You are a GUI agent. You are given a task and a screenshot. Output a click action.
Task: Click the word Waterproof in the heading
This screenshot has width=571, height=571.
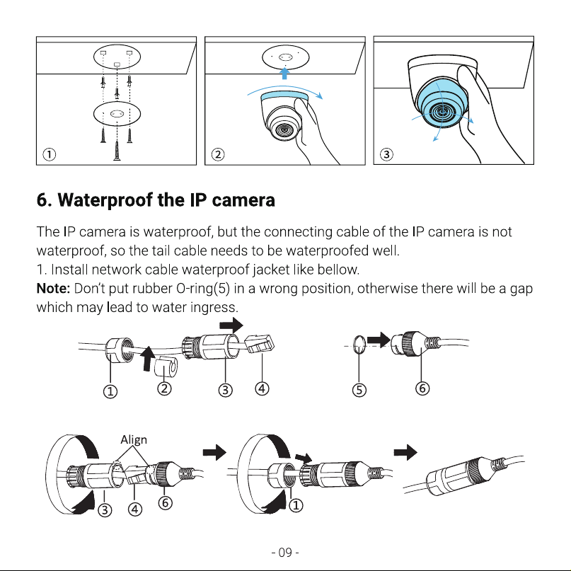(x=105, y=200)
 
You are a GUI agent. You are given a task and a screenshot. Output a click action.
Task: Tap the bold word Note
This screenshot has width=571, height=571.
(x=53, y=289)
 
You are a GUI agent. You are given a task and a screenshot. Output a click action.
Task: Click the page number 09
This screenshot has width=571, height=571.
(x=285, y=553)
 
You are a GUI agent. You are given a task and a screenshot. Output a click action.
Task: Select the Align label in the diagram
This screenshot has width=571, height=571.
(x=134, y=440)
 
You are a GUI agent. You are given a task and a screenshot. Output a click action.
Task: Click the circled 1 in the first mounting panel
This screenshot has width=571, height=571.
(x=50, y=154)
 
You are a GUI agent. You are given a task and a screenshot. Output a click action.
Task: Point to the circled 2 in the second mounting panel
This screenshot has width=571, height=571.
(x=218, y=154)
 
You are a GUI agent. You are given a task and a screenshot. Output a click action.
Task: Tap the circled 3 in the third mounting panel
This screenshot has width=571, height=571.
(x=386, y=154)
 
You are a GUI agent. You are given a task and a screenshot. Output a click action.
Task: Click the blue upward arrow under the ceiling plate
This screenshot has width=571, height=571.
(x=284, y=73)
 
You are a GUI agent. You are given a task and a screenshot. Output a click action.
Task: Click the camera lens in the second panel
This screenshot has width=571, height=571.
(x=284, y=129)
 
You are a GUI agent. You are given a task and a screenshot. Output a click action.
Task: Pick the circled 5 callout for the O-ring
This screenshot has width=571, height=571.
(x=359, y=390)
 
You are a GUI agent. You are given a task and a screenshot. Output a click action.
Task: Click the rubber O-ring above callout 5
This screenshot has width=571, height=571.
(x=359, y=345)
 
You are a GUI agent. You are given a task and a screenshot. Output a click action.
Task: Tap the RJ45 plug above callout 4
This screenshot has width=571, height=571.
(x=260, y=343)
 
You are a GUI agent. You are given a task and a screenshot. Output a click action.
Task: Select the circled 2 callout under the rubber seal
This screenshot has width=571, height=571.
(x=164, y=388)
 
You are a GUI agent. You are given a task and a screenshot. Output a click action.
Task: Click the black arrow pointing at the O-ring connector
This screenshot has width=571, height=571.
(x=379, y=340)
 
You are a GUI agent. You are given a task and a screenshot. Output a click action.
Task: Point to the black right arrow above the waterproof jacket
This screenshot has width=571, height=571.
(x=231, y=325)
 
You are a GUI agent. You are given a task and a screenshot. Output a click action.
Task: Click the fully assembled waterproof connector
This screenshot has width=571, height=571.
(x=463, y=475)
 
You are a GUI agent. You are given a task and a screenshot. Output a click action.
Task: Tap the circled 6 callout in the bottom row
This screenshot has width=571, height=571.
(x=165, y=503)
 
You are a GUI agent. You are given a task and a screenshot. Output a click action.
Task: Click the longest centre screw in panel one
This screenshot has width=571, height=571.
(x=117, y=151)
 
